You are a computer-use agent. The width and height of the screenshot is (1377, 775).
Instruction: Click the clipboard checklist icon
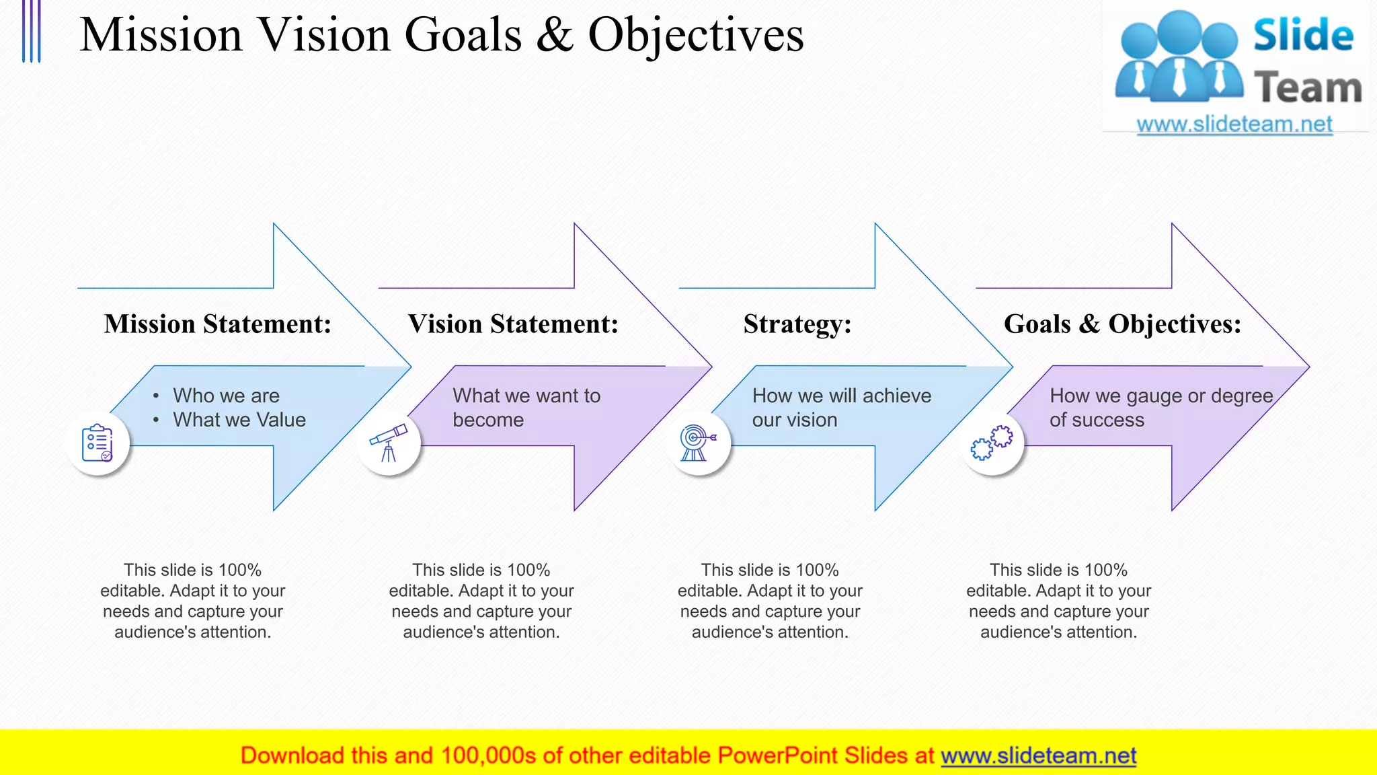coord(97,443)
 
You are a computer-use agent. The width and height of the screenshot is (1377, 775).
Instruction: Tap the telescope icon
coord(389,443)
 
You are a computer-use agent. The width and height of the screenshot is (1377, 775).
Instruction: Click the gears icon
coord(992,443)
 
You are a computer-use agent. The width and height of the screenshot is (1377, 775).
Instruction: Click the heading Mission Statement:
coord(218,324)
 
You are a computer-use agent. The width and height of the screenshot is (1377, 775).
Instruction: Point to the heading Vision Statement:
coord(513,324)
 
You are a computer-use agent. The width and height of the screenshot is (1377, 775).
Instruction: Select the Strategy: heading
coord(797,324)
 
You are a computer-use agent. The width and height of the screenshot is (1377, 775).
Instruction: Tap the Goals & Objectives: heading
coord(1122,324)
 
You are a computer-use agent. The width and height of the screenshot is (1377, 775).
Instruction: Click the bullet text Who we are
coord(226,396)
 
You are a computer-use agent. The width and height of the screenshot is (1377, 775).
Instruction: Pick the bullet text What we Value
coord(239,420)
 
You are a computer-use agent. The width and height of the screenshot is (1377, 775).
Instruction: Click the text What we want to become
coord(526,408)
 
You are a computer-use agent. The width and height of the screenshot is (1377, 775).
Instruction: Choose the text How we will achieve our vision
coord(841,408)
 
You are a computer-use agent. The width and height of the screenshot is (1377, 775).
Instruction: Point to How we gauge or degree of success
coord(1161,408)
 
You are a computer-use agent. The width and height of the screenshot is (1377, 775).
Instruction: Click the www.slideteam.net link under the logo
coord(1234,124)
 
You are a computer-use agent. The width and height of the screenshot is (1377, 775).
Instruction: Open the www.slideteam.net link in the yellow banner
coord(1038,755)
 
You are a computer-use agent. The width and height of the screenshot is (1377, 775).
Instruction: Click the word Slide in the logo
coord(1303,36)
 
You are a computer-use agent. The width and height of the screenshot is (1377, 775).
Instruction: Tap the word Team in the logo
coord(1308,88)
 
